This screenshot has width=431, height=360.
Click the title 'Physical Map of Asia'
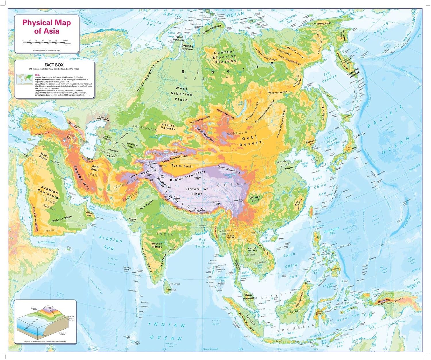[47, 27]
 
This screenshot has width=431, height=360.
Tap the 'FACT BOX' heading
[54, 65]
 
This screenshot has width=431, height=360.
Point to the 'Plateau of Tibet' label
[197, 191]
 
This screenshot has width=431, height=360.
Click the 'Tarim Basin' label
[182, 166]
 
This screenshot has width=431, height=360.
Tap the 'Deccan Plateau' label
[157, 245]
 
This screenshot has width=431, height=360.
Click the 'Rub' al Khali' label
[62, 219]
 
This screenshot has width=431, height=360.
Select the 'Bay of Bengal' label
[203, 243]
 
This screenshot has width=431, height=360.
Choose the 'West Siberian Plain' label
[182, 94]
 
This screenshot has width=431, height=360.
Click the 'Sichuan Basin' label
[255, 199]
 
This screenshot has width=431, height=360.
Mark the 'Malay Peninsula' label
[249, 297]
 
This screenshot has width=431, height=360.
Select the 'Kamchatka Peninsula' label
[353, 72]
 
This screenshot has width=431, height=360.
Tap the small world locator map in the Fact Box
[24, 79]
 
